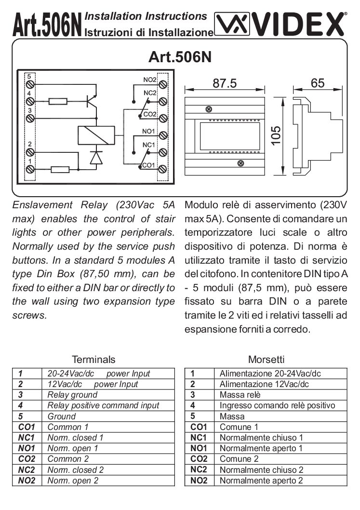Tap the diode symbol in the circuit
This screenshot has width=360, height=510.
97,158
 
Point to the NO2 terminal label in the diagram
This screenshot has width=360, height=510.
150,80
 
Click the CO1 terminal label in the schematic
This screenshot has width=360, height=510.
148,165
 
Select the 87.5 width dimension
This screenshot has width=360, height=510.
225,83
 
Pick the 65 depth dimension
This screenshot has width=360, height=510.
318,83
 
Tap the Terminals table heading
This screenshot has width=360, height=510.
93,360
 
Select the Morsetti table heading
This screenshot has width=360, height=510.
266,360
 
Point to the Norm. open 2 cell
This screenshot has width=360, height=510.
73,480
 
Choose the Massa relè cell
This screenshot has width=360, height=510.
240,395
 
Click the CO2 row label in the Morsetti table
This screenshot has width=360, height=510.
199,458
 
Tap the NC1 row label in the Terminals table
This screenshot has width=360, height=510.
27,438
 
